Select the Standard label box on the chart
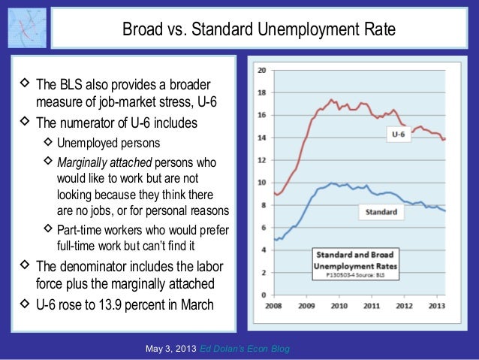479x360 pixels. pyautogui.click(x=381, y=212)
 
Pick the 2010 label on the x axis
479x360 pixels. pyautogui.click(x=338, y=306)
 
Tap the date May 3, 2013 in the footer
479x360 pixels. pyautogui.click(x=171, y=349)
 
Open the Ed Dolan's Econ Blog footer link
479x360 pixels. pyautogui.click(x=246, y=349)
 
